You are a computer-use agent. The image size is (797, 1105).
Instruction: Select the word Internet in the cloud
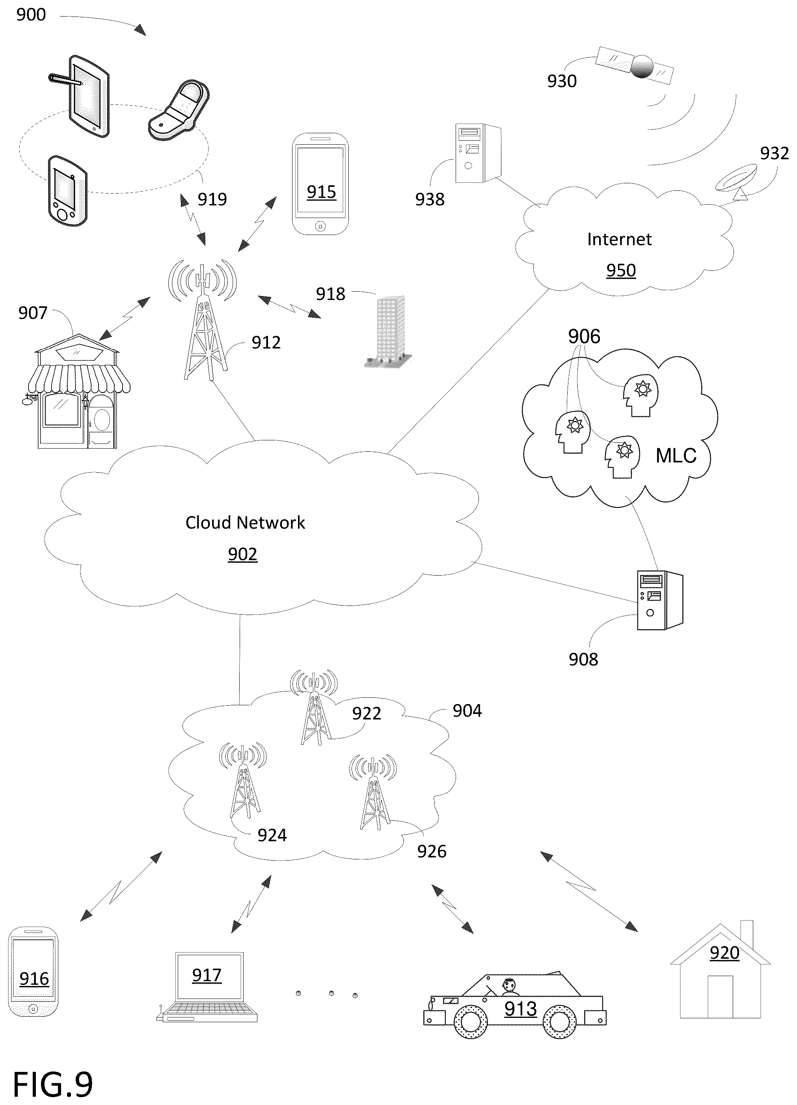click(619, 239)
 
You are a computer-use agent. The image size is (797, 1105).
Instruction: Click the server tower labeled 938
click(478, 153)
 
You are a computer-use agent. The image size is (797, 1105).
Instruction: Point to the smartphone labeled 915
click(320, 184)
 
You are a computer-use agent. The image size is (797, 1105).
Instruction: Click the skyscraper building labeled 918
click(390, 331)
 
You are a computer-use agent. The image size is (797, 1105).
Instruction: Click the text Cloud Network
click(245, 523)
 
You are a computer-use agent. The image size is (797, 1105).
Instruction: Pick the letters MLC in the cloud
click(676, 456)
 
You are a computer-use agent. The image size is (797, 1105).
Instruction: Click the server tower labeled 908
click(660, 600)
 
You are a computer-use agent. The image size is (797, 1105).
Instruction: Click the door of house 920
click(720, 997)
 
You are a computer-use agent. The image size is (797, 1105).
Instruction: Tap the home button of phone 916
click(33, 1009)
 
